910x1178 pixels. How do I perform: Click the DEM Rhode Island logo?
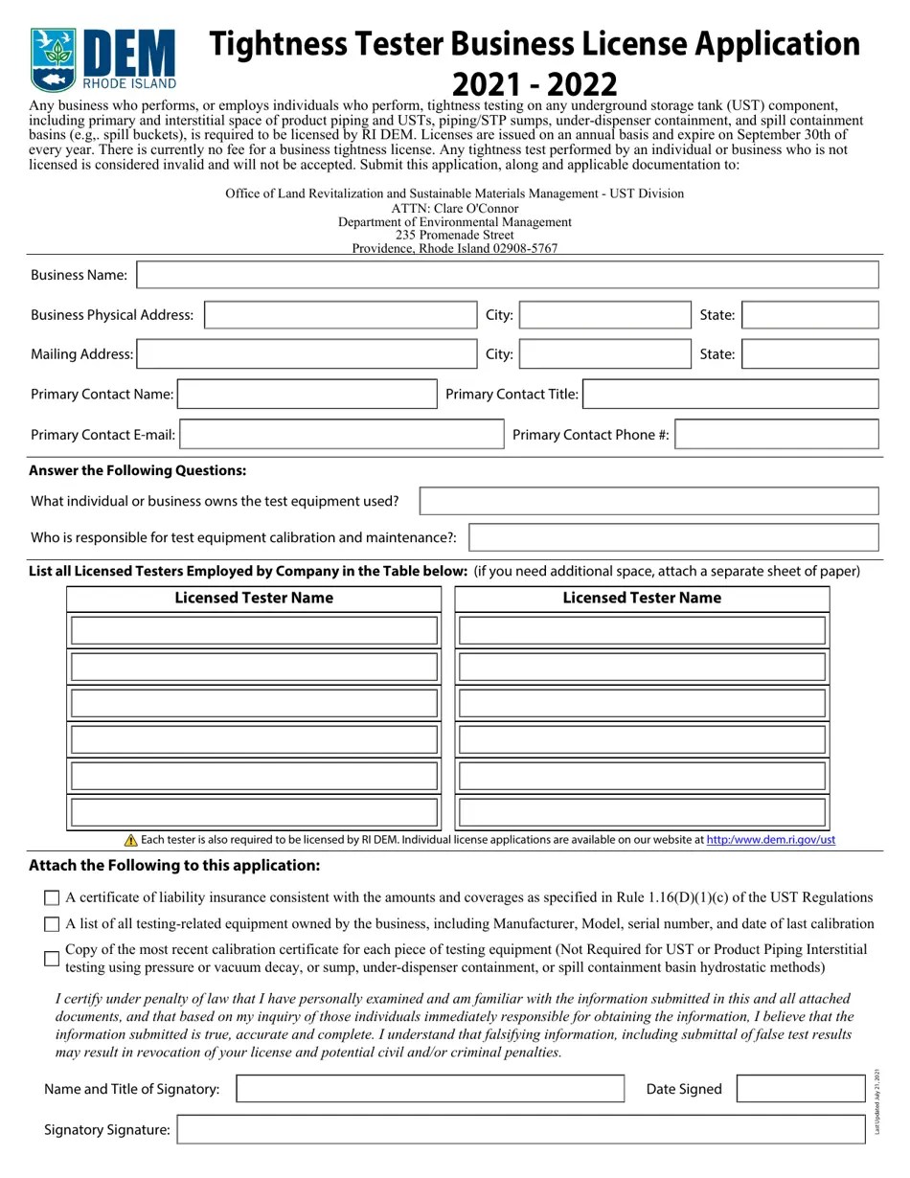102,58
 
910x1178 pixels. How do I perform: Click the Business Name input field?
508,275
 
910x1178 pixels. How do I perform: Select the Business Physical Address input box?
340,315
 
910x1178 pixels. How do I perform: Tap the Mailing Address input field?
307,354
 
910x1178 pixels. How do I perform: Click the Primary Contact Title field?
730,395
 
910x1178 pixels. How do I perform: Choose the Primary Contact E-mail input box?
342,435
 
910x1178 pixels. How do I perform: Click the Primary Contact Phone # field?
776,435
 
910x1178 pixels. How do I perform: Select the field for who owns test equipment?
648,501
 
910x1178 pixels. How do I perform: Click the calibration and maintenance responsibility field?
672,537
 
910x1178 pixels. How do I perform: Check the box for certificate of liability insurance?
52,898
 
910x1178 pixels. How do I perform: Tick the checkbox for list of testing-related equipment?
52,925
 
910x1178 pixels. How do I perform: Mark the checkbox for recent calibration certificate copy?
52,959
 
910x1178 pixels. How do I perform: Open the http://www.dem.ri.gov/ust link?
770,840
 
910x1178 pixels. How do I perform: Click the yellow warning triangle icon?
131,840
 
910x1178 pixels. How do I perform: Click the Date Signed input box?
801,1089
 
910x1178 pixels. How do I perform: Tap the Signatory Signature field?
527,1130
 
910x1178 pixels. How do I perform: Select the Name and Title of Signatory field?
430,1089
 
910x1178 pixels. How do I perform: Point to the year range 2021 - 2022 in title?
535,83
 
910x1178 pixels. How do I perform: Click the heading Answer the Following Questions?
138,470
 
